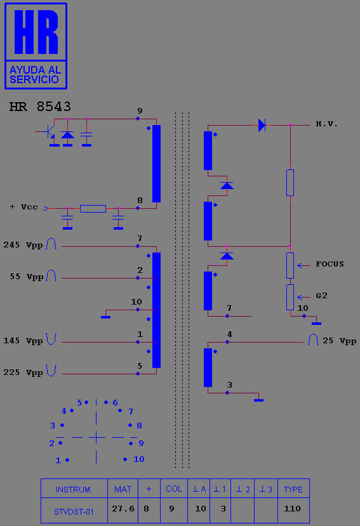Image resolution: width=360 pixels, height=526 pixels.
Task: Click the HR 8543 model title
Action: click(40, 107)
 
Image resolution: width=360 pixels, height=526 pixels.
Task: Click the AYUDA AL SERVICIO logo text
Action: click(36, 74)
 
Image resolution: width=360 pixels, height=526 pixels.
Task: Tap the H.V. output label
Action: click(326, 124)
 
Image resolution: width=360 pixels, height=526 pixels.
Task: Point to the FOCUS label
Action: click(330, 264)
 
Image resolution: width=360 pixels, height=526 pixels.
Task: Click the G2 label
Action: click(321, 296)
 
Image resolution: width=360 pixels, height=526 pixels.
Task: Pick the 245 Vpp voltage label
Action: click(23, 245)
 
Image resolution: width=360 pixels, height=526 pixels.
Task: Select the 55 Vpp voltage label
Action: click(27, 277)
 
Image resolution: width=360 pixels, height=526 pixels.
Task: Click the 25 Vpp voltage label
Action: click(339, 341)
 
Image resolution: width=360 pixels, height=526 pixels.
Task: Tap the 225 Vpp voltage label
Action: click(23, 372)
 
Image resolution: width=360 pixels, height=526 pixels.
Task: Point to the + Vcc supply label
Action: click(23, 207)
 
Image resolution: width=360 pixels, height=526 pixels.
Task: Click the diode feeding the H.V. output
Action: click(262, 125)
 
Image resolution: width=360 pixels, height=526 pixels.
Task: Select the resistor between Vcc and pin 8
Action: click(93, 208)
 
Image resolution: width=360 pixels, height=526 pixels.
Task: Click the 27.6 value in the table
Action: click(123, 509)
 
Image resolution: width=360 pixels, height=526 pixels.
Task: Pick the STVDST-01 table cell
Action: click(74, 512)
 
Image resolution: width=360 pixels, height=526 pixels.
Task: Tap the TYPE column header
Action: click(293, 489)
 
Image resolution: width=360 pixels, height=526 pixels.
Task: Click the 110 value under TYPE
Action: click(292, 509)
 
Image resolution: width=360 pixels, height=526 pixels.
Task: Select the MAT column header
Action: click(123, 489)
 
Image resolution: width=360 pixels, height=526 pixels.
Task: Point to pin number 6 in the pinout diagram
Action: click(115, 402)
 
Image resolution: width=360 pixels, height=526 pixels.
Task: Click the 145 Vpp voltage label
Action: click(23, 341)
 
